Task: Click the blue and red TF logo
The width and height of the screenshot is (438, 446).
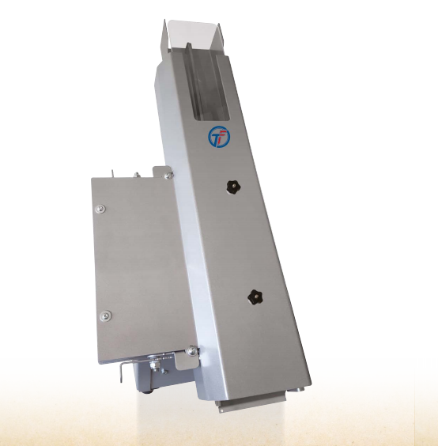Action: point(218,137)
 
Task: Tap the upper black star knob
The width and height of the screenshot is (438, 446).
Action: point(233,187)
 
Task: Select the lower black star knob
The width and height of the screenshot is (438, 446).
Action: point(255,297)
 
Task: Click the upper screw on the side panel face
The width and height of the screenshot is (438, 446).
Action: point(100,209)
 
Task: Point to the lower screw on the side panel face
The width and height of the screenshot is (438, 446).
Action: point(105,316)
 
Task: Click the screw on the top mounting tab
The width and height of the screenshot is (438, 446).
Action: point(168,176)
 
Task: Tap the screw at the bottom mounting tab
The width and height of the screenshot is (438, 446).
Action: point(192,351)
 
